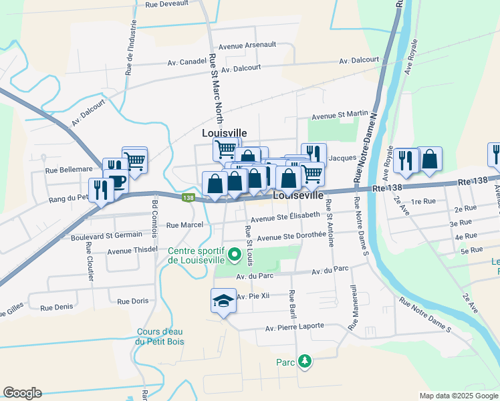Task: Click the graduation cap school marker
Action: coord(223,301)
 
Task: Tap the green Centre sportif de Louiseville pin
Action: coord(234,255)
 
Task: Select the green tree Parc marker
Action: coord(305,362)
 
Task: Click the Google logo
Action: coord(22,393)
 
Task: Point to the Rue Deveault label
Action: coord(166,4)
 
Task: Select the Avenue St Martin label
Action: coord(340,116)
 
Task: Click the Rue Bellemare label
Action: coord(69,170)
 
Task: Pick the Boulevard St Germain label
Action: coord(106,235)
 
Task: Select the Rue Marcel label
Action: coord(184,225)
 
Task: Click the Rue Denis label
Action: coord(56,308)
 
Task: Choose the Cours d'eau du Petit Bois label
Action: coord(160,337)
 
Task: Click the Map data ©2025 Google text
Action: coord(458,396)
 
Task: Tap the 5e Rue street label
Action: coord(472,250)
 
